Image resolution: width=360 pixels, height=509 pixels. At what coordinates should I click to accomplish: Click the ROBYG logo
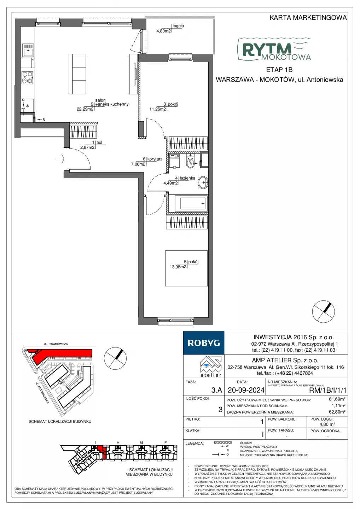[x=204, y=343]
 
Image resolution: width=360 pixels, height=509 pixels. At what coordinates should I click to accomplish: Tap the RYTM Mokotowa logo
[x=274, y=49]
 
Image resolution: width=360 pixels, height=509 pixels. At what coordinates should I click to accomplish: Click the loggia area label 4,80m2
[x=163, y=31]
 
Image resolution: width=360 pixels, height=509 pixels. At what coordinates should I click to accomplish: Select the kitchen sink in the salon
[x=28, y=50]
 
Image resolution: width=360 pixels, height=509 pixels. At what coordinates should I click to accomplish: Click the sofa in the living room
[x=77, y=74]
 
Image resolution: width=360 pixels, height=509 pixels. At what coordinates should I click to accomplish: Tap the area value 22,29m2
[x=85, y=109]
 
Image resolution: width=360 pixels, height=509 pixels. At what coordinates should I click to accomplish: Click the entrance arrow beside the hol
[x=60, y=159]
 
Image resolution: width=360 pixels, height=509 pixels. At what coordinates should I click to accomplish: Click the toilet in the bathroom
[x=190, y=161]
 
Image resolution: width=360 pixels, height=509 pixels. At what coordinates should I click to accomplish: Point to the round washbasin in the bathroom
[x=203, y=182]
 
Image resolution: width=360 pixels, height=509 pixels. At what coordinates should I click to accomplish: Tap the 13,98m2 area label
[x=178, y=267]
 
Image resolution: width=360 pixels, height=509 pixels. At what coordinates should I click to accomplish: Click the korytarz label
[x=155, y=159]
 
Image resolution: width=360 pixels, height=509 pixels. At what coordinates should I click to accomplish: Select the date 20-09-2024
[x=246, y=390]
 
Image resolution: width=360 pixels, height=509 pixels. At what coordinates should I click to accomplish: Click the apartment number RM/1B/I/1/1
[x=328, y=390]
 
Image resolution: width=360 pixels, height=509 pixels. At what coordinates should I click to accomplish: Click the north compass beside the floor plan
[x=324, y=311]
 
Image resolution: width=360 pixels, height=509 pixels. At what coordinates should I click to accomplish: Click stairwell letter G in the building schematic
[x=141, y=442]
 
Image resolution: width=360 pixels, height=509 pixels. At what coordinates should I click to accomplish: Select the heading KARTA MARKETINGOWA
[x=308, y=18]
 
